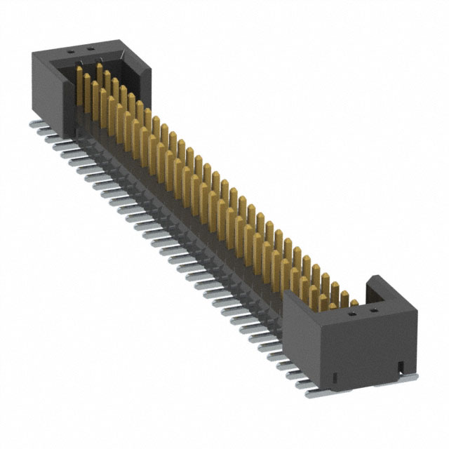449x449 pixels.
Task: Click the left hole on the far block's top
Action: pyautogui.click(x=71, y=51)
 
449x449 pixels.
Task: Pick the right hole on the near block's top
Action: pyautogui.click(x=373, y=309)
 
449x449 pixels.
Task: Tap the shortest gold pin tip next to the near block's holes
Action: pyautogui.click(x=354, y=304)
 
